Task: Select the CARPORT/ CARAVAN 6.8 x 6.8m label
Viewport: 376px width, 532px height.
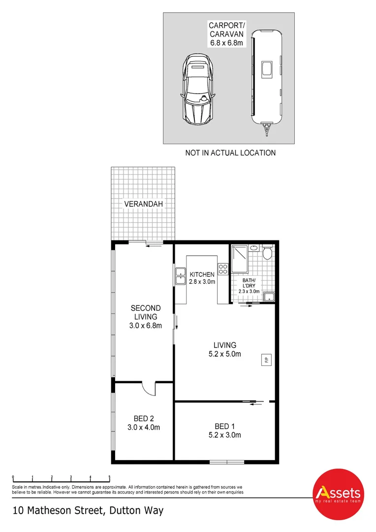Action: coord(227,34)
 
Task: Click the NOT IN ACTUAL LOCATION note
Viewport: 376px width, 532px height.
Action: coord(230,153)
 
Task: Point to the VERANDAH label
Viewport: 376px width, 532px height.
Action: coord(143,203)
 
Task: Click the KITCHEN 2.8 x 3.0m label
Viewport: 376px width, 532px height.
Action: coord(202,278)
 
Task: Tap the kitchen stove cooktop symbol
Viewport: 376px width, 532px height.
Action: coord(223,269)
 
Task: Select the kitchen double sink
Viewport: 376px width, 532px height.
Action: coord(178,276)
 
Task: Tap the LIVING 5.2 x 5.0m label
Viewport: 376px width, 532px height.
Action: coord(224,349)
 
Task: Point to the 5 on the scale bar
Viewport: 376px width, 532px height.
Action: coord(109,477)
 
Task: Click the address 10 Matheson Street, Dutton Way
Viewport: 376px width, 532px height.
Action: coord(88,510)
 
